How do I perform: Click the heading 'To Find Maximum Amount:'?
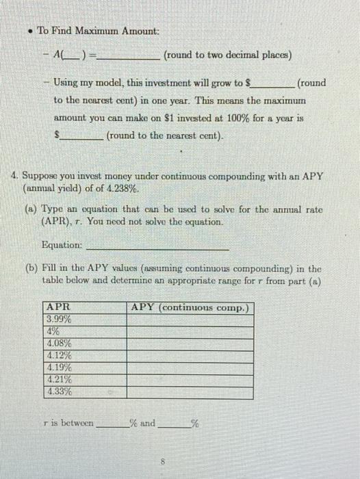click(x=97, y=31)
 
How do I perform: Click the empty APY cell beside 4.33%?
click(x=190, y=392)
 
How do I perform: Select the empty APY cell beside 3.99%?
click(x=190, y=319)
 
